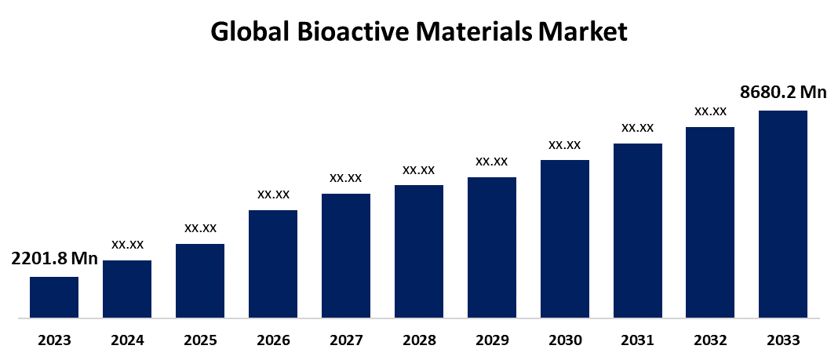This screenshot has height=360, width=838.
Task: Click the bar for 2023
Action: tap(54, 298)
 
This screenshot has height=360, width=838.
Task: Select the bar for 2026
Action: tap(273, 264)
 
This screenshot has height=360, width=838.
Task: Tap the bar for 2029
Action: tap(492, 248)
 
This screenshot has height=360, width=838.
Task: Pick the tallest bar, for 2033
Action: tap(783, 215)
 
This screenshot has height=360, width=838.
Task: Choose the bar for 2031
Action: tap(638, 231)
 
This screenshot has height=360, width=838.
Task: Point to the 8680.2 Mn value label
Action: tap(783, 93)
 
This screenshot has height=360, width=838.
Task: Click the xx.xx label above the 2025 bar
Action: tap(200, 228)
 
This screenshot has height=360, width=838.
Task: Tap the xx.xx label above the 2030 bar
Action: tap(565, 144)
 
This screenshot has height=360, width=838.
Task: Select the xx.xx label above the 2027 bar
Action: tap(346, 178)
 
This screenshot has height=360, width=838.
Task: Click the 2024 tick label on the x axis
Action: tap(127, 340)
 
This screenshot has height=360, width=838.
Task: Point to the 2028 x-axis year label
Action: tap(419, 340)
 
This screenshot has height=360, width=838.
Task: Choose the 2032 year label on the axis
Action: tap(710, 340)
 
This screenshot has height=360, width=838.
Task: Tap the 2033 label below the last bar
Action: tap(783, 340)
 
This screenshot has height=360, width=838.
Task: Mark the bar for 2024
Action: tap(127, 289)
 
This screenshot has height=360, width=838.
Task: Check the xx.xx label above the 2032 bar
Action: tap(710, 111)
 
